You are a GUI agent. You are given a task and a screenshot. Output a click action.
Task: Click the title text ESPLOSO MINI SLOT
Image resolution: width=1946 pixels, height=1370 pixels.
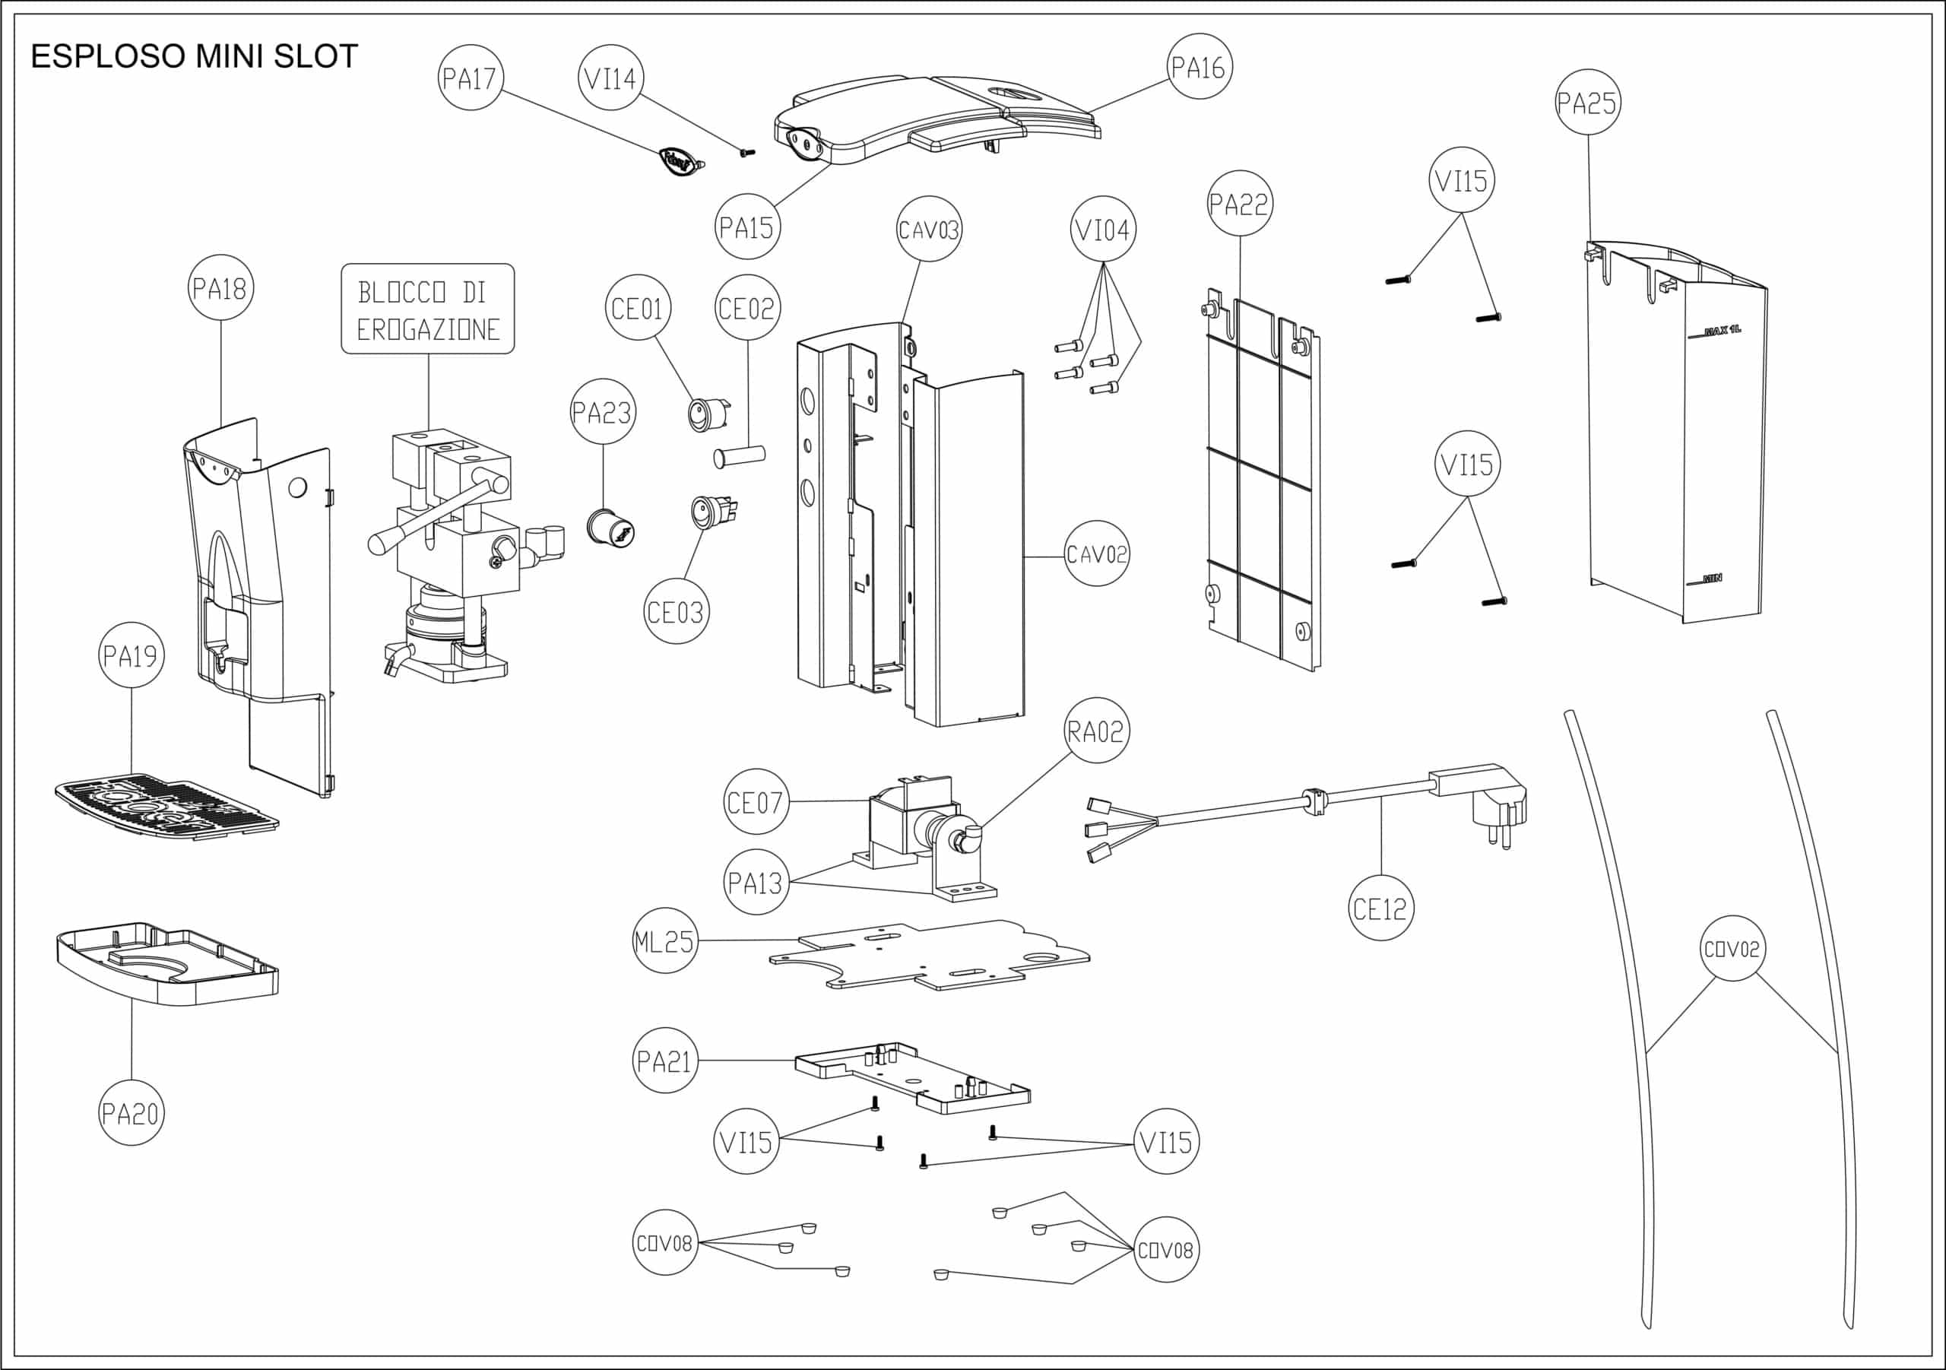tap(194, 57)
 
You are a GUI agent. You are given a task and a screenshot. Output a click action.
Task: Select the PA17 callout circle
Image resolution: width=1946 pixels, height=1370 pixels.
tap(471, 78)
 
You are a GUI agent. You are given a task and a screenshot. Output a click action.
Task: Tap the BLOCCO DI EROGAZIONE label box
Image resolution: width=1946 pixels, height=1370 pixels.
tap(428, 309)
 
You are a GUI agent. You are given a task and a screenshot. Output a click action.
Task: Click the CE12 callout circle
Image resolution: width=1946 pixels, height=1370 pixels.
tap(1380, 908)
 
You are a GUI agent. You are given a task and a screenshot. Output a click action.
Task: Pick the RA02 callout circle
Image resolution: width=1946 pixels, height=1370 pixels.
tap(1096, 731)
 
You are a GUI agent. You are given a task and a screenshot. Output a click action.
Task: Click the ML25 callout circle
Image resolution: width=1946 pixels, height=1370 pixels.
tap(665, 940)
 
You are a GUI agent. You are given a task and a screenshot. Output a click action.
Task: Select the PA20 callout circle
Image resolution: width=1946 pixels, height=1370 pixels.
tap(132, 1113)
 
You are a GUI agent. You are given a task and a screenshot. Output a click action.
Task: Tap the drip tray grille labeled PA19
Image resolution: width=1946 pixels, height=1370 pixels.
tap(167, 805)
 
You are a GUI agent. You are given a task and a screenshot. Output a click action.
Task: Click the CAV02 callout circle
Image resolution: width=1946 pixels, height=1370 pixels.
tap(1097, 553)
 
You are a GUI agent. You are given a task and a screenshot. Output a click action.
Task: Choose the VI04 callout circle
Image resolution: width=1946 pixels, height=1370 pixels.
tap(1103, 230)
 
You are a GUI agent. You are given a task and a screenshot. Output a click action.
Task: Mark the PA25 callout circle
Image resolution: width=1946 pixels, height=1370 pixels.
tap(1587, 103)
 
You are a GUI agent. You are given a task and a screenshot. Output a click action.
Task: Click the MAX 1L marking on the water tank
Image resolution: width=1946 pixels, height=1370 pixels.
tap(1723, 330)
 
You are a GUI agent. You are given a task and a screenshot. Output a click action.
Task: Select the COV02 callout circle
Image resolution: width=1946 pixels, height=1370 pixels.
tap(1732, 949)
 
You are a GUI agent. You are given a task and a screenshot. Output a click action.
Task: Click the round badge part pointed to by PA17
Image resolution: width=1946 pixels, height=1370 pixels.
tap(681, 160)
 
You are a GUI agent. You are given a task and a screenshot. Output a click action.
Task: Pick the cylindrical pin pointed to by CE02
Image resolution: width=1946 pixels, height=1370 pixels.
tap(740, 456)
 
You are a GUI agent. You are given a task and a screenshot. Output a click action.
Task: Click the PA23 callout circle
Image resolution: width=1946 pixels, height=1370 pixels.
tap(603, 412)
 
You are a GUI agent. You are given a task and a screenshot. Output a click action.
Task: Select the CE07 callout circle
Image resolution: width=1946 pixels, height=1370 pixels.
tap(755, 801)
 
